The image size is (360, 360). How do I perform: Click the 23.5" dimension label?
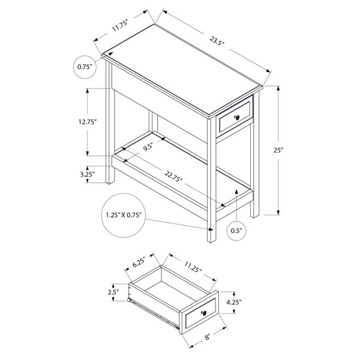tap(217, 41)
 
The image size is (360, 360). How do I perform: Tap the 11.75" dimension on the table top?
tap(120, 25)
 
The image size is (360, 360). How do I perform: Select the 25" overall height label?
tap(278, 150)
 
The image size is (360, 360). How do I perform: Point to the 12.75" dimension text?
tap(87, 122)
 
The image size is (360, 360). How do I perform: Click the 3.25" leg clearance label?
tap(88, 175)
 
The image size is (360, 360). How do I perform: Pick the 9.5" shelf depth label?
tap(148, 147)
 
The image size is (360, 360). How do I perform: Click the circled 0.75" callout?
tap(85, 67)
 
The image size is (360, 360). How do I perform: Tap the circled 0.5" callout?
tap(236, 230)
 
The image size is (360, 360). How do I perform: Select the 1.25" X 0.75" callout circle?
tap(123, 215)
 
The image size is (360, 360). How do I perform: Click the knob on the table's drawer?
tap(237, 118)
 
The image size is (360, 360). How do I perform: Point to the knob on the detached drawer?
tap(204, 313)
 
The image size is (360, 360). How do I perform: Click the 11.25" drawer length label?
tap(193, 267)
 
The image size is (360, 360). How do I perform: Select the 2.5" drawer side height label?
tap(113, 292)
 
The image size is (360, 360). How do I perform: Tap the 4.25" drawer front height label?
tap(234, 302)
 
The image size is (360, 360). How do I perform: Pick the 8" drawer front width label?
tap(208, 337)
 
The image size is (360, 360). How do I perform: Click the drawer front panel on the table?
tap(235, 117)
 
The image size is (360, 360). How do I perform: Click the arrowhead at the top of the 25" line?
tap(278, 88)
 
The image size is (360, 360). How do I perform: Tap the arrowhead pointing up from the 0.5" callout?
tap(236, 191)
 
